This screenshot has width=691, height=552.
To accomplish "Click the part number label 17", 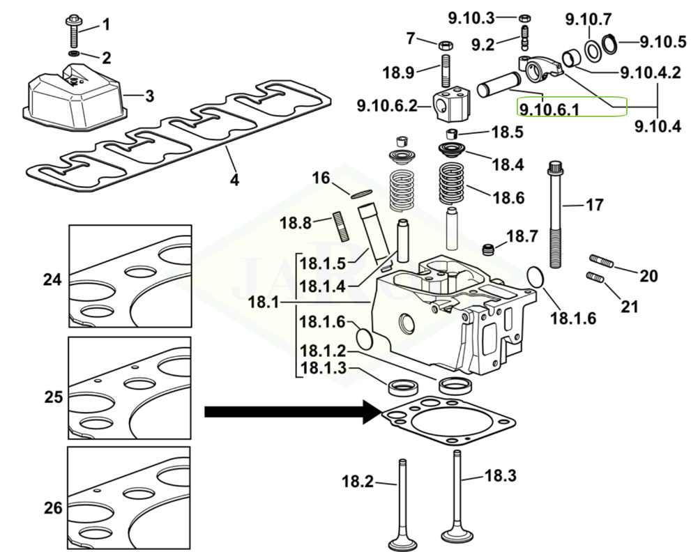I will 595,206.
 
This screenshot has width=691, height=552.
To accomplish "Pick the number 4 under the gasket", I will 234,180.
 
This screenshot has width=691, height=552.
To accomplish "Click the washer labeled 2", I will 74,54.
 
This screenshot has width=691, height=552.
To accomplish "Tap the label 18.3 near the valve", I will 500,476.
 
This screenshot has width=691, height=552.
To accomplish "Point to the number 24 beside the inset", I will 52,279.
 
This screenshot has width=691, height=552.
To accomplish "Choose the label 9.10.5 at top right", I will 663,42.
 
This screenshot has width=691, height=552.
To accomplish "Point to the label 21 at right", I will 630,305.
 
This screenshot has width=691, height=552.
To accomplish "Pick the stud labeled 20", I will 602,263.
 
